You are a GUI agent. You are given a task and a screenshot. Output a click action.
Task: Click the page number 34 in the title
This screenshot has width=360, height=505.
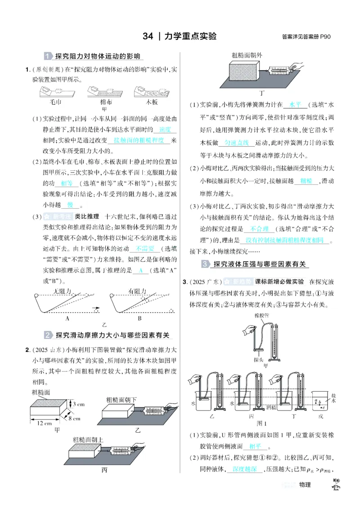coord(148,36)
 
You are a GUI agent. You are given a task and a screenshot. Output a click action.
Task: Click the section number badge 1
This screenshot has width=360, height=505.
coord(49,57)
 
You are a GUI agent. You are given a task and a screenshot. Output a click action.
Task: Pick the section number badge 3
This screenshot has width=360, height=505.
coord(206,264)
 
